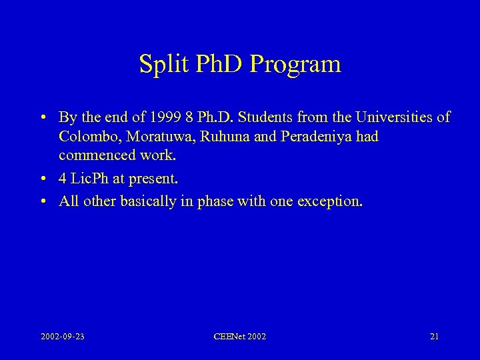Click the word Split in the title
[x=159, y=64]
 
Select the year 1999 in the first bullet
[x=163, y=118]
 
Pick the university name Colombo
[x=87, y=137]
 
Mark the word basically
[x=147, y=202]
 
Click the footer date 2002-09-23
[x=63, y=337]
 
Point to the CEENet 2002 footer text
[x=239, y=337]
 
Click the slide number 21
[x=434, y=337]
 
